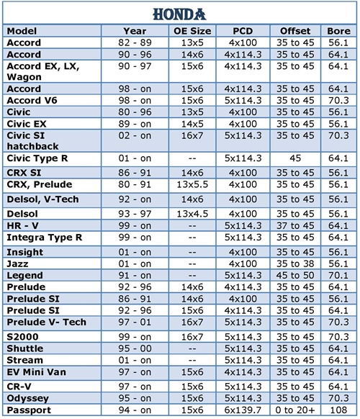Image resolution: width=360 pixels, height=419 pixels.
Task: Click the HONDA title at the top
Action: (x=179, y=14)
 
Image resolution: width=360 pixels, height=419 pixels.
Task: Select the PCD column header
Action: (x=243, y=31)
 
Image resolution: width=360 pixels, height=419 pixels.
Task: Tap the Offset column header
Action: (x=295, y=31)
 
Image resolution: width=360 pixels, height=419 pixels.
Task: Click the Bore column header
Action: (x=338, y=31)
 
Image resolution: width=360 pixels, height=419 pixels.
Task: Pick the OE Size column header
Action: (x=192, y=31)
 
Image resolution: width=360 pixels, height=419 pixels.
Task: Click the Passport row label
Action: (x=29, y=410)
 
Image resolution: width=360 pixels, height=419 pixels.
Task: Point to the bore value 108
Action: (x=338, y=410)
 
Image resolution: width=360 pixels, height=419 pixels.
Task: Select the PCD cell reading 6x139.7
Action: (x=243, y=410)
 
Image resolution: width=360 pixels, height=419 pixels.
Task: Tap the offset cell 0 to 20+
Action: (x=295, y=410)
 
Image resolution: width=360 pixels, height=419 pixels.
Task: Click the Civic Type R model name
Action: (x=37, y=158)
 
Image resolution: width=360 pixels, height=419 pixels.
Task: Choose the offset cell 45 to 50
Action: (x=295, y=275)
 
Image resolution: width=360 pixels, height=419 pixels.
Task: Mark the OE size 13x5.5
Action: (x=192, y=184)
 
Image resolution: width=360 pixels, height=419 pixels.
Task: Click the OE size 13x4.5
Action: (x=192, y=214)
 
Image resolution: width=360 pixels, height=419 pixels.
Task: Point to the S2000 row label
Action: (x=22, y=337)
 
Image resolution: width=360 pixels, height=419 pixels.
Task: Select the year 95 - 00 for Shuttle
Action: (x=135, y=348)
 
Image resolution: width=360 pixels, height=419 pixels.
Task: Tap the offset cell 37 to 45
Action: (x=295, y=225)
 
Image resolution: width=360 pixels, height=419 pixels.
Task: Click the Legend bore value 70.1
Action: (x=338, y=275)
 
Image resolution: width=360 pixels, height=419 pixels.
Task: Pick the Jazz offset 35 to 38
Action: (x=295, y=263)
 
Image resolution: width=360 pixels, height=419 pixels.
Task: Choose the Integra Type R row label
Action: (x=44, y=238)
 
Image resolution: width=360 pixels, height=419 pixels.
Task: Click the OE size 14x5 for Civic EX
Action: (x=192, y=124)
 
